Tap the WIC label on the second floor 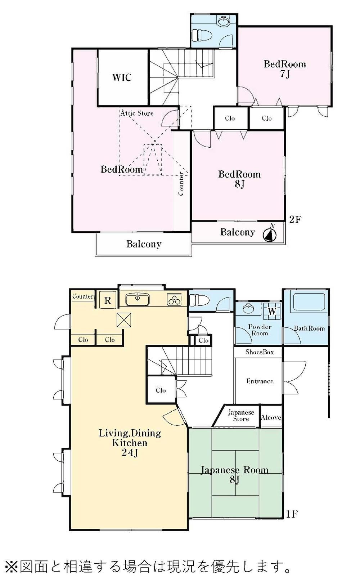[122, 77]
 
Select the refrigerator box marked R [108, 300]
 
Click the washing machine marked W [272, 311]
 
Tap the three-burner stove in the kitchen [174, 300]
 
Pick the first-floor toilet [199, 300]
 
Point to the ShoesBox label [260, 352]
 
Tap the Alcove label [271, 417]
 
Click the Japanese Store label [241, 416]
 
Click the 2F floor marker [295, 219]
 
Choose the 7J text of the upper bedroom [285, 74]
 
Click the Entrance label [260, 381]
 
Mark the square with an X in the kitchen [124, 320]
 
